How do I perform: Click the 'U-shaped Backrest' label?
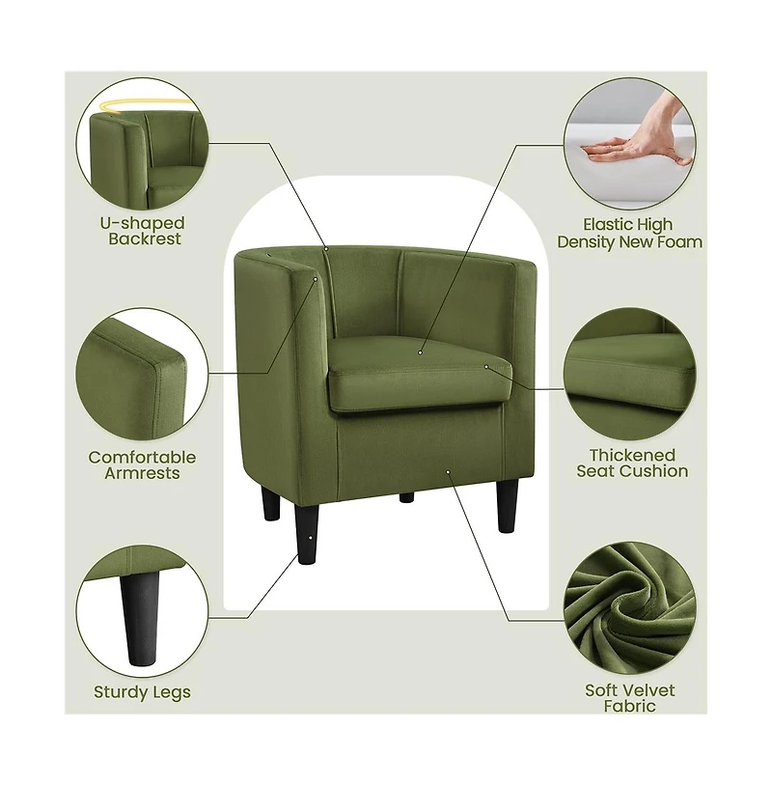pyautogui.click(x=143, y=231)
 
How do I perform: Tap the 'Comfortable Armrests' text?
pyautogui.click(x=142, y=464)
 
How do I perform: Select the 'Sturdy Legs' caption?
pyautogui.click(x=142, y=691)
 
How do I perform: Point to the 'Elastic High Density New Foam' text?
pyautogui.click(x=629, y=233)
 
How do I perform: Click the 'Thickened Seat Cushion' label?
pyautogui.click(x=632, y=463)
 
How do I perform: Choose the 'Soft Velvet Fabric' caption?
pyautogui.click(x=629, y=697)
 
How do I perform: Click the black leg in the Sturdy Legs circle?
pyautogui.click(x=141, y=618)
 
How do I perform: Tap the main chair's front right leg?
pyautogui.click(x=508, y=505)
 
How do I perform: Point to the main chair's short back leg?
pyautogui.click(x=406, y=497)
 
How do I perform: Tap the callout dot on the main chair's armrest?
pyautogui.click(x=316, y=279)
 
